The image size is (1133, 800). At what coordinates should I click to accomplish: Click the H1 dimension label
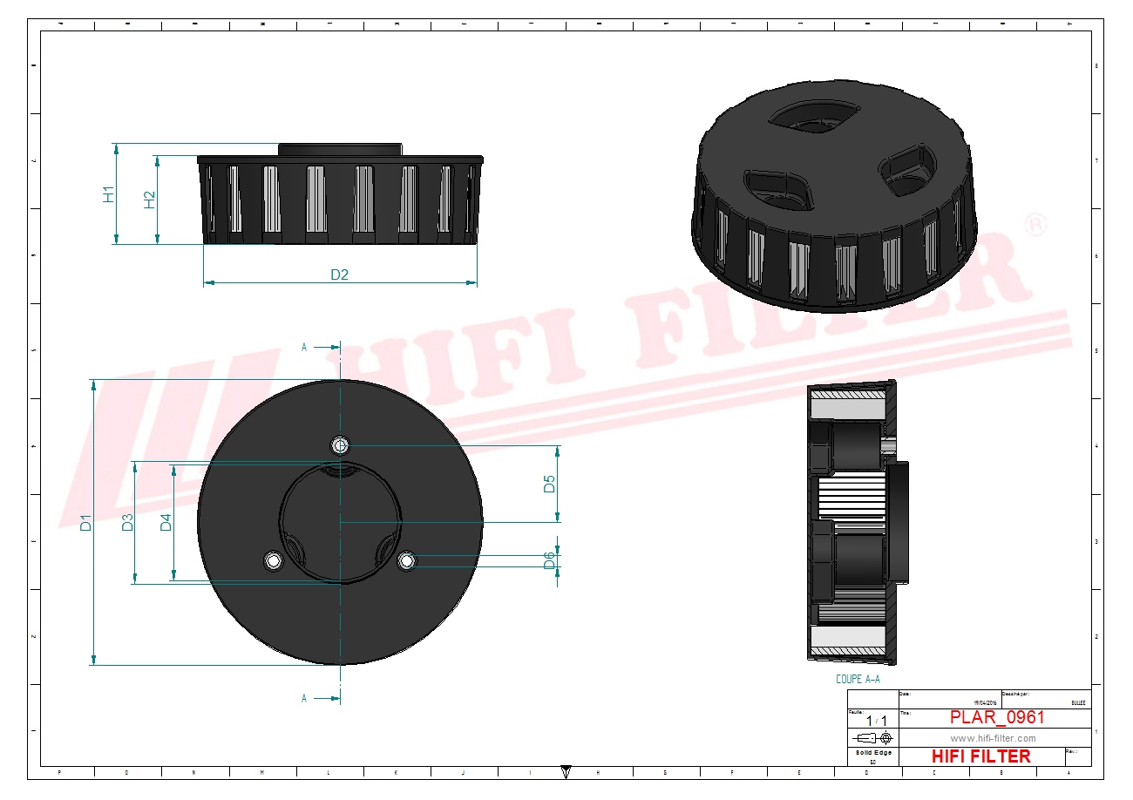tap(108, 193)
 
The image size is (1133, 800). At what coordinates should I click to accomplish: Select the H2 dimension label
tap(150, 200)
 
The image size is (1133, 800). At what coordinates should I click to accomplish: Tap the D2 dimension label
tap(339, 275)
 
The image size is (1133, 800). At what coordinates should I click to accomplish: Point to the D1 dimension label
tap(85, 523)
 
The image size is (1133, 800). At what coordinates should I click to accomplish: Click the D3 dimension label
tap(127, 523)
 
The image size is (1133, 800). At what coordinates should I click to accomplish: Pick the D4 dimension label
tap(166, 523)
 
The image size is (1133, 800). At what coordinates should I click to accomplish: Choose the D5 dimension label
tap(549, 484)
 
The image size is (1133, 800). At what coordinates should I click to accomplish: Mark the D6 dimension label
tap(549, 560)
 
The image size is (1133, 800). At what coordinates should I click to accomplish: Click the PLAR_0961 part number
tap(996, 717)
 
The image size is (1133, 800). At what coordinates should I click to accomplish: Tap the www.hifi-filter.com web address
tap(993, 738)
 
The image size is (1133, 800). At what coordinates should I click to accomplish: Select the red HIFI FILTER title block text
tap(980, 756)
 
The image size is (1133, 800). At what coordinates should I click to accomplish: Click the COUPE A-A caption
tap(858, 679)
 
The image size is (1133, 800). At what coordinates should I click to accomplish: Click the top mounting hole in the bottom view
tap(340, 446)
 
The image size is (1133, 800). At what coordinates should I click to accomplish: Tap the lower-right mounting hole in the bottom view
tap(406, 561)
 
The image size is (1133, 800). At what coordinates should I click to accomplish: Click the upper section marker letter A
tap(304, 347)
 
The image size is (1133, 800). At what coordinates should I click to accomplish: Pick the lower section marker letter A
tap(304, 698)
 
